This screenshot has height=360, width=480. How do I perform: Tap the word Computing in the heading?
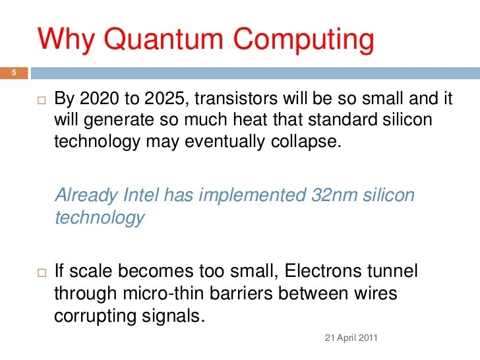[x=303, y=39]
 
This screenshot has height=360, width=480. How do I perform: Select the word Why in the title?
[x=68, y=39]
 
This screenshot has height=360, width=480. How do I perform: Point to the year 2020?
[x=100, y=100]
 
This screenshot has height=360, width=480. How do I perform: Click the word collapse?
[x=310, y=141]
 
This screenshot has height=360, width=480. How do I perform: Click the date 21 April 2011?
[x=352, y=338]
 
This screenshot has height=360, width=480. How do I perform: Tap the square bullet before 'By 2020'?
[x=42, y=102]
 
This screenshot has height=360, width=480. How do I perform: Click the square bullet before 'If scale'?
[x=42, y=272]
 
